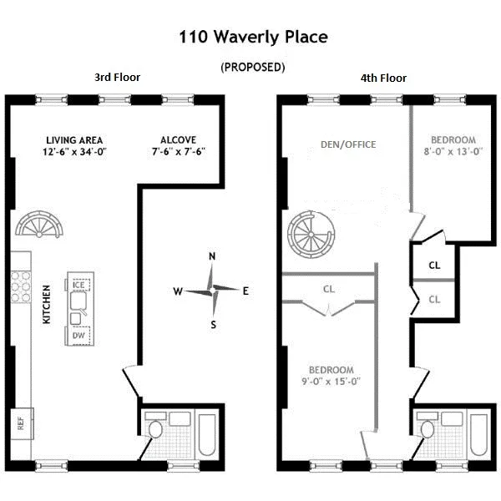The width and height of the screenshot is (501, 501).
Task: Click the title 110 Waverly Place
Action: pos(253,37)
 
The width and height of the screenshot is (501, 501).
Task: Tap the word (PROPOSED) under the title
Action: pos(252,67)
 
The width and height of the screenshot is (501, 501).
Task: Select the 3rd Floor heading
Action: pos(117,78)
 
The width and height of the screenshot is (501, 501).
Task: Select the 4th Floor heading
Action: pos(383,78)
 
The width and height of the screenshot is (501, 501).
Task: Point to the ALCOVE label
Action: pos(180,139)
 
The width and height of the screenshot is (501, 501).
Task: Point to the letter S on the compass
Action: pos(213,325)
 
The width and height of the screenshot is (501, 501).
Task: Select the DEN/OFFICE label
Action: pos(348,144)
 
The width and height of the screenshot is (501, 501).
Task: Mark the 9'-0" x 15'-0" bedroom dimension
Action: pos(331,382)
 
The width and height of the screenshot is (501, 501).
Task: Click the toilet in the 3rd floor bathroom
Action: pos(155,429)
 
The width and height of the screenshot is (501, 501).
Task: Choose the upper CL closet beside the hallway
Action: pos(435,265)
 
